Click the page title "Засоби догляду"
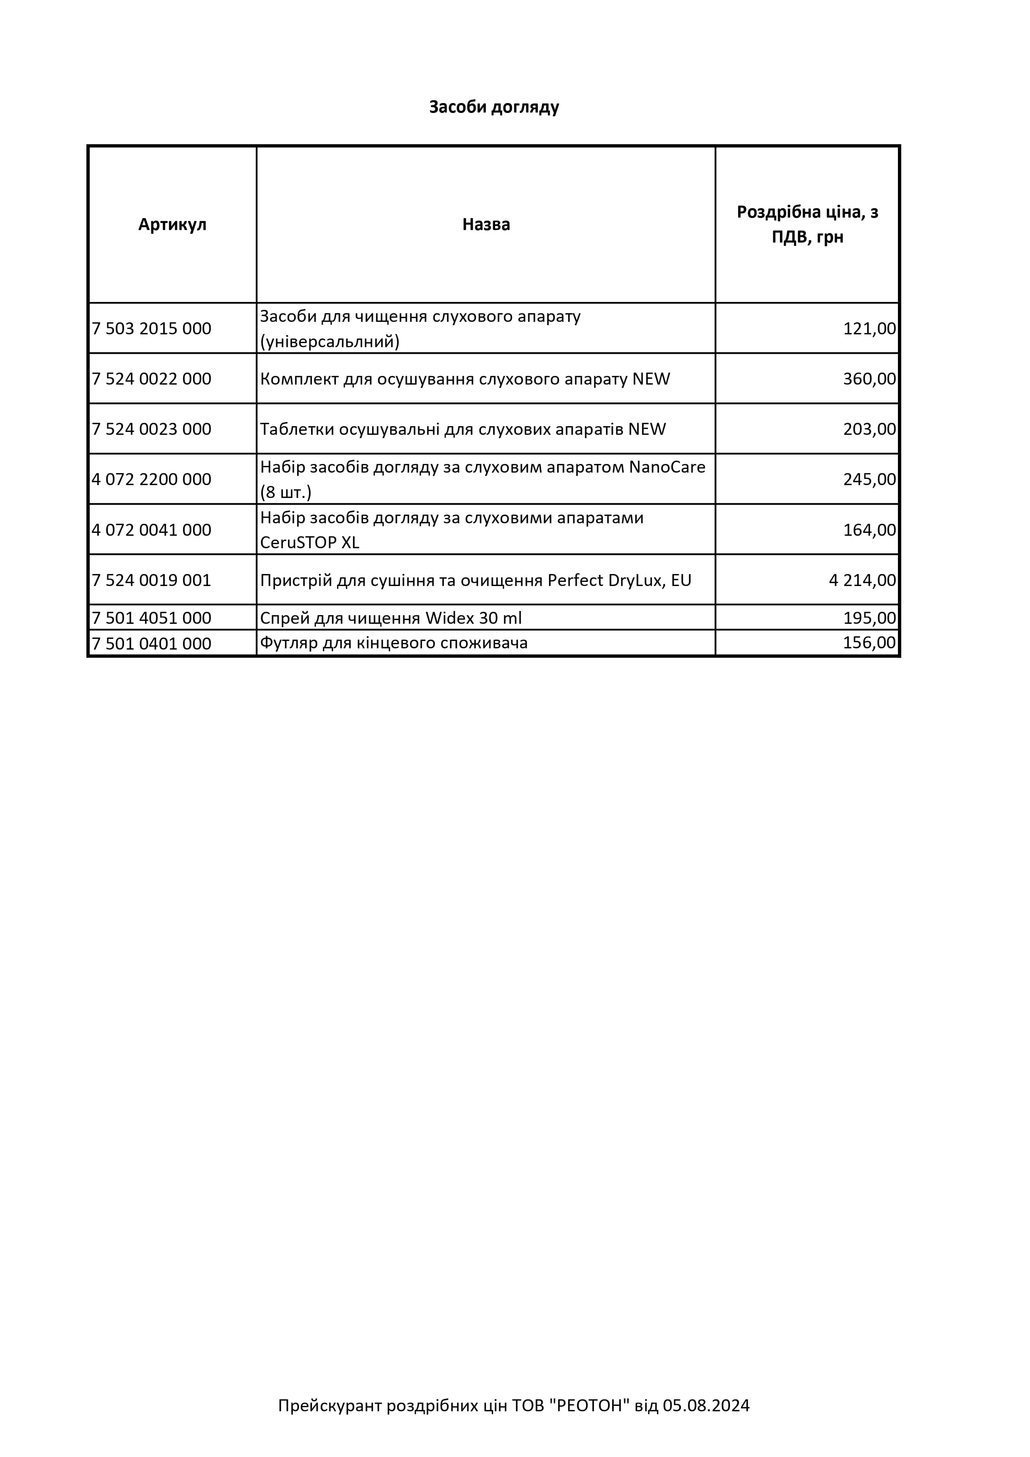tap(494, 107)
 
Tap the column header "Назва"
tap(486, 225)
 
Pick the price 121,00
tap(869, 329)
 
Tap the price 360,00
tap(869, 379)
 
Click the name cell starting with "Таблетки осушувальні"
tap(463, 429)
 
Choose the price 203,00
tap(869, 429)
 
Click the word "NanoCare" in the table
tap(666, 467)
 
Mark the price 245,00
tap(869, 479)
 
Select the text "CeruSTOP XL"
tap(310, 542)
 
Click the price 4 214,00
tap(862, 580)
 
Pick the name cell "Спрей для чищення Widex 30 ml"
tap(391, 618)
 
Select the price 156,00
tap(869, 643)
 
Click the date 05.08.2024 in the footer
tap(706, 1405)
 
